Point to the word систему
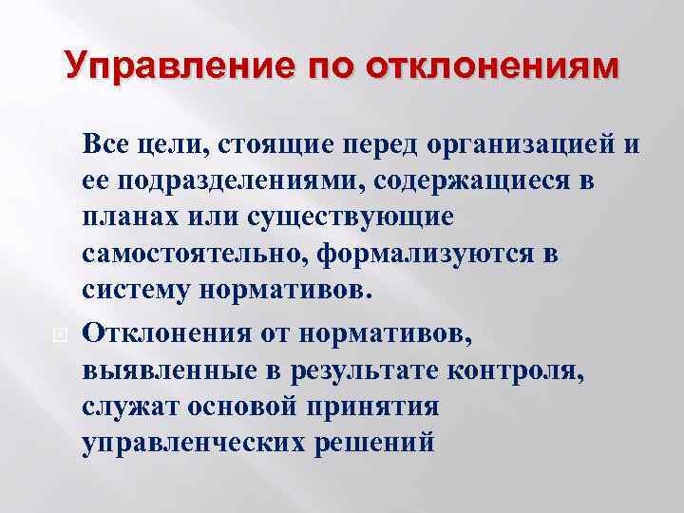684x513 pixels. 139,290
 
